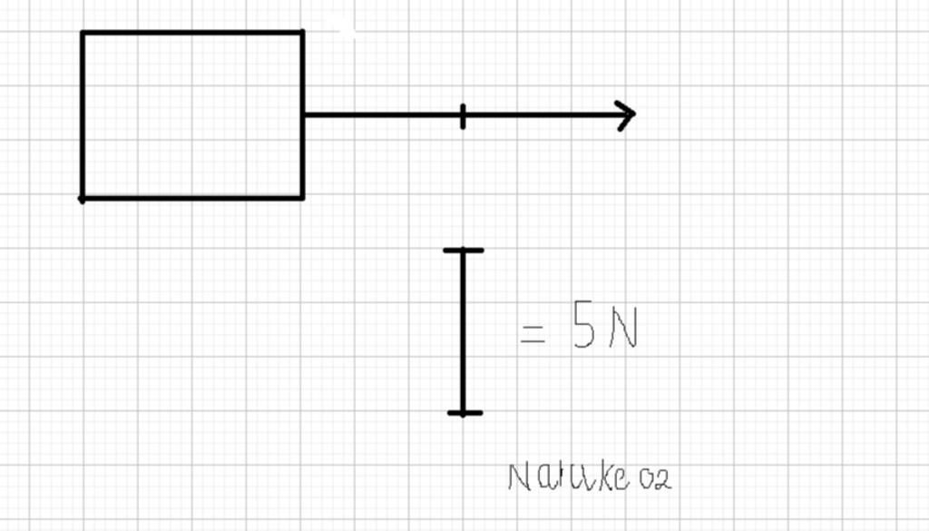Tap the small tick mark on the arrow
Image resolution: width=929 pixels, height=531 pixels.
(x=463, y=116)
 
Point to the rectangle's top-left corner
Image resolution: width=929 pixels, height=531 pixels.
(x=83, y=33)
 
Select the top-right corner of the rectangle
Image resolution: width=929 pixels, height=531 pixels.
(x=302, y=33)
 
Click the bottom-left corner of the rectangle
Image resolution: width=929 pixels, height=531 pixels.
(x=83, y=197)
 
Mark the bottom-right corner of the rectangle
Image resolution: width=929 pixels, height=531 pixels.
(x=302, y=197)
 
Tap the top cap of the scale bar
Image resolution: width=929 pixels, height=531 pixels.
(x=463, y=250)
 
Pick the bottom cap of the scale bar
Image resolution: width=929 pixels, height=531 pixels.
(x=464, y=413)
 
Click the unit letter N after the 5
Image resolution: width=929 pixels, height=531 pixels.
(x=623, y=329)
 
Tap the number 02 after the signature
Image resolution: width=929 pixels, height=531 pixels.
(x=655, y=479)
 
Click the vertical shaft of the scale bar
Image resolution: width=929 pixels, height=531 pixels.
(x=463, y=331)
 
